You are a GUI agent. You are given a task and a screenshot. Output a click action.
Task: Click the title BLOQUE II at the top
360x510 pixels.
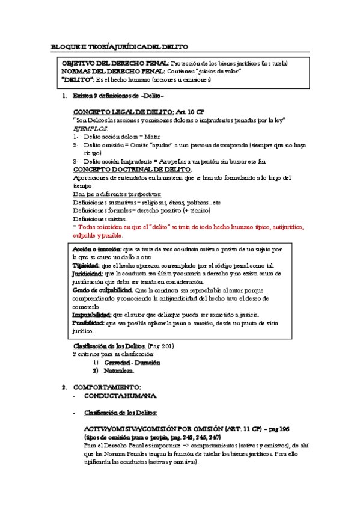pos(72,46)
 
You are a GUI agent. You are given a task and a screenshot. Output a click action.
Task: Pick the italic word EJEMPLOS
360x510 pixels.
pos(90,129)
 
